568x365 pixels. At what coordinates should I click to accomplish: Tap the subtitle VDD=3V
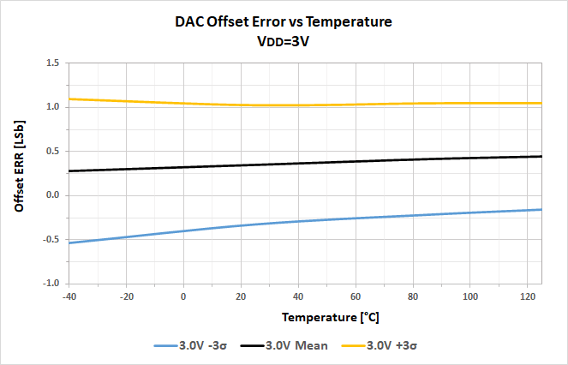coord(283,41)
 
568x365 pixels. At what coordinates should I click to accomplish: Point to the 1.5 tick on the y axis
coord(51,63)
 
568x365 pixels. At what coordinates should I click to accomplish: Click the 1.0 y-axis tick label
coord(51,107)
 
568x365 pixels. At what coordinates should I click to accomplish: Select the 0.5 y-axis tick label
coord(51,152)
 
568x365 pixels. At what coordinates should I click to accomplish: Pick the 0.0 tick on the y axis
coord(51,195)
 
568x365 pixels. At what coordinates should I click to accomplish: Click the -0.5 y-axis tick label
coord(50,239)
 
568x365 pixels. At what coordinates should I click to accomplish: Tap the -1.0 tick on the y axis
coord(50,283)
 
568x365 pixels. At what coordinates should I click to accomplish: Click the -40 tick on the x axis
coord(69,296)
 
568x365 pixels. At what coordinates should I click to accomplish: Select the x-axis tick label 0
coord(183,296)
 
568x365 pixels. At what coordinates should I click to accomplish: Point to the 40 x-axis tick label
coord(298,296)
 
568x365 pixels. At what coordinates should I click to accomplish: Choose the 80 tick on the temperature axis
coord(413,296)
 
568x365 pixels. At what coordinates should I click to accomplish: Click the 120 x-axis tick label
coord(527,296)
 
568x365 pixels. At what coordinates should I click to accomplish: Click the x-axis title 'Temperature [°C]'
coord(331,317)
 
